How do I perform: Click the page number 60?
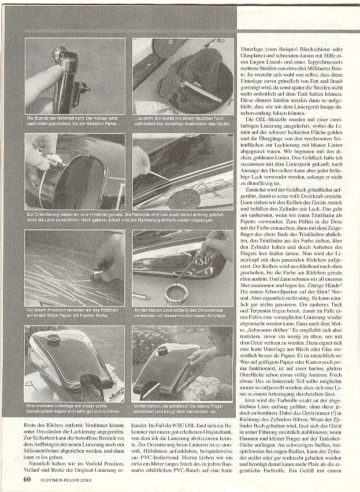27,479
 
